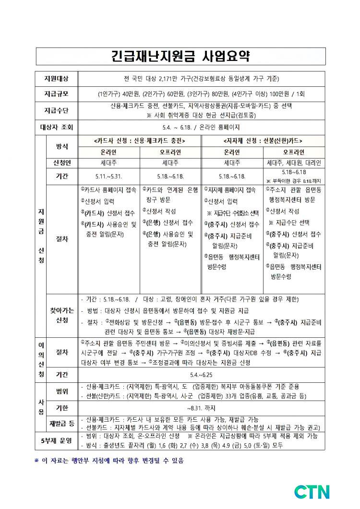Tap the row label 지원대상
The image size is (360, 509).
[56, 78]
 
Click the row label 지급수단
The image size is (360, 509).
[56, 110]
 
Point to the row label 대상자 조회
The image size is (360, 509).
[56, 128]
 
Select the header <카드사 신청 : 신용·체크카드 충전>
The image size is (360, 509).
[140, 141]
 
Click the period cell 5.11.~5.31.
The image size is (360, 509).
[108, 176]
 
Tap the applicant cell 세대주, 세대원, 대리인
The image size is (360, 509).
[295, 163]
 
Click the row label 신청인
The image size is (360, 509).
[62, 163]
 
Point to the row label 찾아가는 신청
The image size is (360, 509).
[62, 316]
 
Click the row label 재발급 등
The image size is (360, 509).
[62, 424]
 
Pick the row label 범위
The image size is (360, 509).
[62, 391]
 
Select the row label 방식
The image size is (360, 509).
[62, 146]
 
